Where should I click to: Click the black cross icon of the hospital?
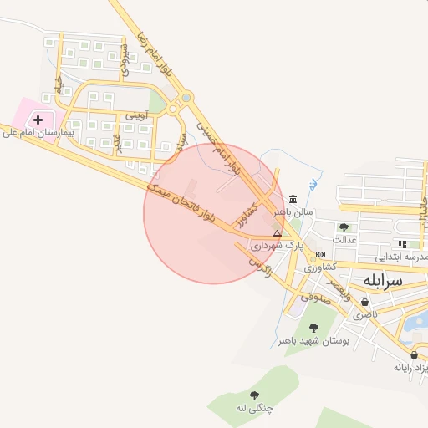pyautogui.click(x=38, y=120)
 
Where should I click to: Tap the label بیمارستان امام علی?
pyautogui.click(x=38, y=132)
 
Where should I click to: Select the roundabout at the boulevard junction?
pyautogui.click(x=174, y=108)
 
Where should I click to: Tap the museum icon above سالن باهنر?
pyautogui.click(x=293, y=200)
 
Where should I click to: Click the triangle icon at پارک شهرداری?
pyautogui.click(x=278, y=233)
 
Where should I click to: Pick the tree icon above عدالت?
pyautogui.click(x=344, y=227)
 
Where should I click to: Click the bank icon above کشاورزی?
pyautogui.click(x=320, y=254)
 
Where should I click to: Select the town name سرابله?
pyautogui.click(x=381, y=280)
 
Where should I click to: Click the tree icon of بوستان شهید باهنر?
pyautogui.click(x=313, y=329)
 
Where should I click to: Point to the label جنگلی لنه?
pyautogui.click(x=255, y=407)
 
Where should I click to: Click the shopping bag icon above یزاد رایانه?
pyautogui.click(x=414, y=354)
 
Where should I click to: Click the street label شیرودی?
pyautogui.click(x=126, y=60)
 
